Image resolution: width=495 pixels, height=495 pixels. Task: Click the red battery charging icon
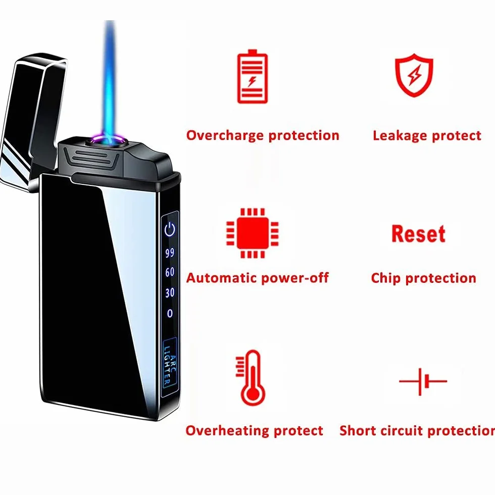pyautogui.click(x=252, y=76)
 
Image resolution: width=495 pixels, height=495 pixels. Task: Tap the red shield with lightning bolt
pyautogui.click(x=414, y=75)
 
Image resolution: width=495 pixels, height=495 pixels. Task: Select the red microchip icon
pyautogui.click(x=253, y=233)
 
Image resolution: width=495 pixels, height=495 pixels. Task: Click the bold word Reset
pyautogui.click(x=418, y=233)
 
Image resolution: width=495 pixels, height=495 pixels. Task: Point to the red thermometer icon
pyautogui.click(x=252, y=378)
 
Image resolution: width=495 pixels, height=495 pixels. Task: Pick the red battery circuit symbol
pyautogui.click(x=423, y=381)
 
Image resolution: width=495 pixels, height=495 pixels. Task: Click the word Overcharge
pyautogui.click(x=225, y=135)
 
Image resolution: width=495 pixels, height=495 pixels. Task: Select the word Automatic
pyautogui.click(x=221, y=278)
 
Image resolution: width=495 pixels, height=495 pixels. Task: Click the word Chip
pyautogui.click(x=386, y=278)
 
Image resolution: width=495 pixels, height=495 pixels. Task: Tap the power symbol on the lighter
pyautogui.click(x=170, y=229)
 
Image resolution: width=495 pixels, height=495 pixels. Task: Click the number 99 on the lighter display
pyautogui.click(x=170, y=253)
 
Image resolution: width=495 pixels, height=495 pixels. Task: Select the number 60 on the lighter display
pyautogui.click(x=170, y=272)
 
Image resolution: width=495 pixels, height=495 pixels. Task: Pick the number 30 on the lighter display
pyautogui.click(x=170, y=292)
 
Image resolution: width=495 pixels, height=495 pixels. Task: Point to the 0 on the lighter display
pyautogui.click(x=170, y=313)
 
